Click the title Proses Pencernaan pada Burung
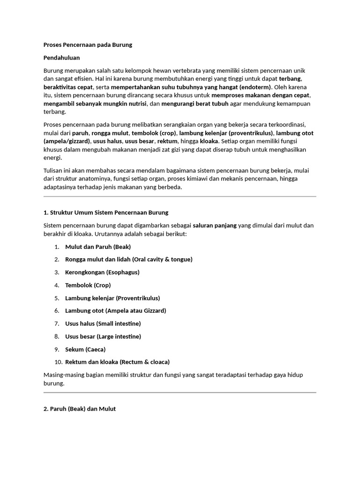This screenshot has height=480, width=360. pos(88,45)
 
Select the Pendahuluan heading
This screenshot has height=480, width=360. pos(61,58)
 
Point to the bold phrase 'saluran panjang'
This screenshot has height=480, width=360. pos(215,225)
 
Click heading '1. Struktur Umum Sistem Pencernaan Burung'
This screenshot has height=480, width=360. pos(105,212)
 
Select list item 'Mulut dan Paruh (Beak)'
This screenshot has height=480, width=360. pos(98,247)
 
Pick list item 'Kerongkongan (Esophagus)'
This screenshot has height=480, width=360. pos(102,272)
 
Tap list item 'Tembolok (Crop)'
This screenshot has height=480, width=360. pos(88,285)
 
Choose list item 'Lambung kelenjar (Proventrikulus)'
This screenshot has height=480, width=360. pos(112,298)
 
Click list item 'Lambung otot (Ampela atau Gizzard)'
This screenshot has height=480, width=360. pos(115,310)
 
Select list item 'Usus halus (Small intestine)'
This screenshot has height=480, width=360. pos(103,323)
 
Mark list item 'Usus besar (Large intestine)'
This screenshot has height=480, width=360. pos(103,336)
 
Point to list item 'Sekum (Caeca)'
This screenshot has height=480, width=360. pos(85,349)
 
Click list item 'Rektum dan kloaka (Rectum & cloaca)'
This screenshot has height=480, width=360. pos(117,362)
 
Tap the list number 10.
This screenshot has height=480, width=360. pos(58,362)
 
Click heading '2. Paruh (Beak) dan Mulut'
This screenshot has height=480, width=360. pos(79,409)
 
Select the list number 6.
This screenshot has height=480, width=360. pos(57,310)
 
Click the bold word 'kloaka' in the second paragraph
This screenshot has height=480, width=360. pos(209,141)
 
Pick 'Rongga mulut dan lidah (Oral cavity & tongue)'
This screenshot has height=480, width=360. pos(128,259)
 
